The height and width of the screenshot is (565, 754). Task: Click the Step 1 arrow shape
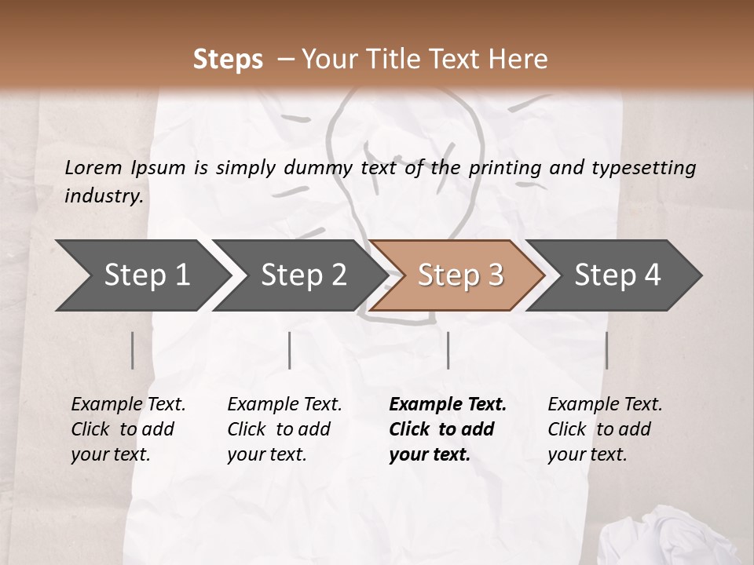tap(141, 275)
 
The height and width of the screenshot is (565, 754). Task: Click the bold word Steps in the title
tap(228, 60)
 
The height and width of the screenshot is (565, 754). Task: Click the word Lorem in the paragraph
tap(93, 167)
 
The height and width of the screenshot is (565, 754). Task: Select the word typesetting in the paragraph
tap(644, 167)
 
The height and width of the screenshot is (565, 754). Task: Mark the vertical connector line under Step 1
tap(132, 350)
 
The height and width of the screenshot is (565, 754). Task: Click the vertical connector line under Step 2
tap(290, 350)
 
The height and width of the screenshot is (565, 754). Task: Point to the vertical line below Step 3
tap(448, 350)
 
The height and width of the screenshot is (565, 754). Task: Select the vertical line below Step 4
tap(606, 350)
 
